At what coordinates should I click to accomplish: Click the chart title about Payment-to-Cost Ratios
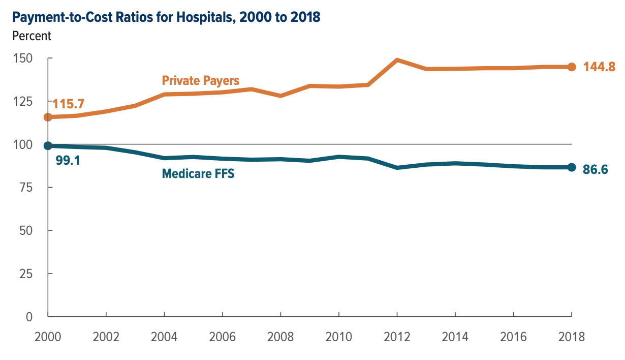click(166, 17)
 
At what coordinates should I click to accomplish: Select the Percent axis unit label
click(32, 36)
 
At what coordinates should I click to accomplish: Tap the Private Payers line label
click(201, 80)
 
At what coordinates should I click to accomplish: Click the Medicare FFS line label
click(198, 173)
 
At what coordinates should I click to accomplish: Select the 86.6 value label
click(596, 169)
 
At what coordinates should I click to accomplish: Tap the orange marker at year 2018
click(571, 67)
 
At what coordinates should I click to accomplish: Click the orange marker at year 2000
click(48, 117)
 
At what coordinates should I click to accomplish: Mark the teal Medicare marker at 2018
click(571, 167)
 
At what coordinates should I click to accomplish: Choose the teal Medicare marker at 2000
click(48, 146)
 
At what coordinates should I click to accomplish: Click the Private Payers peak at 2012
click(397, 60)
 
